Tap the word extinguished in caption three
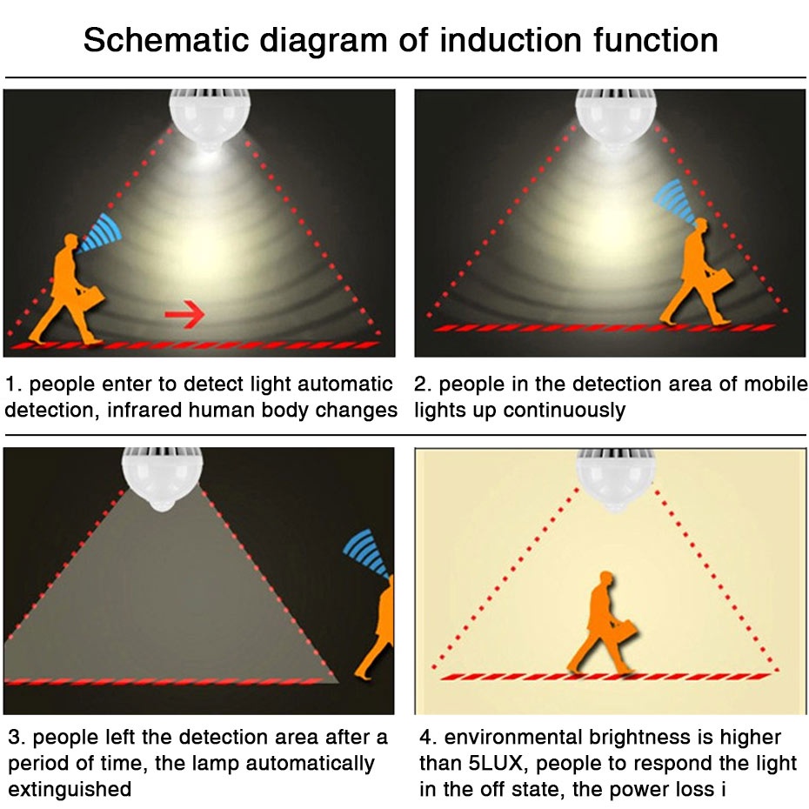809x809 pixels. click(70, 790)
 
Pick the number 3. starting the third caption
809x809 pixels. click(17, 739)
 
